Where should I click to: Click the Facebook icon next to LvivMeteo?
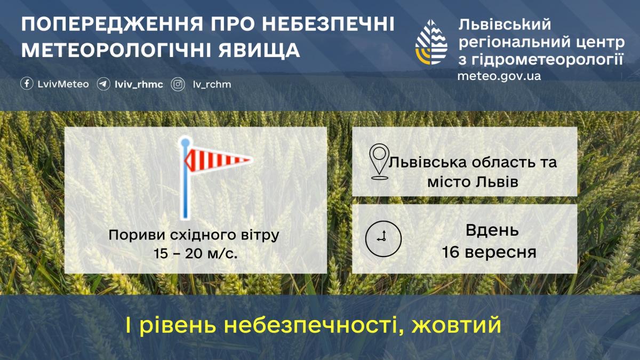(x=27, y=84)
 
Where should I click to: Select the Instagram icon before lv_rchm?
(x=178, y=84)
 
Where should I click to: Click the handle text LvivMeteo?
(x=56, y=84)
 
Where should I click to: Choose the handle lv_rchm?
(x=212, y=84)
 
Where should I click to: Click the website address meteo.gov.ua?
(x=499, y=76)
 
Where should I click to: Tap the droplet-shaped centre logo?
(x=431, y=43)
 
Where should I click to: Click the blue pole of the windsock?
(x=185, y=187)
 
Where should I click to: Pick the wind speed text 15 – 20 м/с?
(x=195, y=253)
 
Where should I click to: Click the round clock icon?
(x=383, y=238)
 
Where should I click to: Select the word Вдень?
(x=492, y=231)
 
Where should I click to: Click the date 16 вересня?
(x=489, y=252)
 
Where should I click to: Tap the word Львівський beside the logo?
(x=504, y=25)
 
